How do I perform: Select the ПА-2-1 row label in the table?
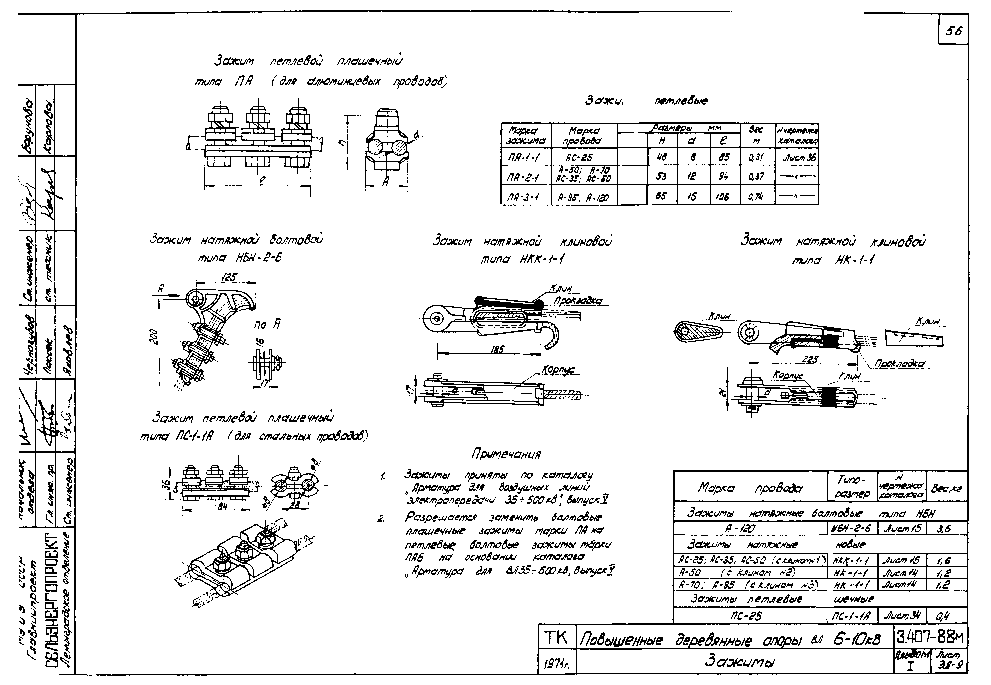[x=525, y=176]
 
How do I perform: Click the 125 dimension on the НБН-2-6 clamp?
[x=228, y=278]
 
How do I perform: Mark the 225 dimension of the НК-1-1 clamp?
[x=810, y=360]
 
